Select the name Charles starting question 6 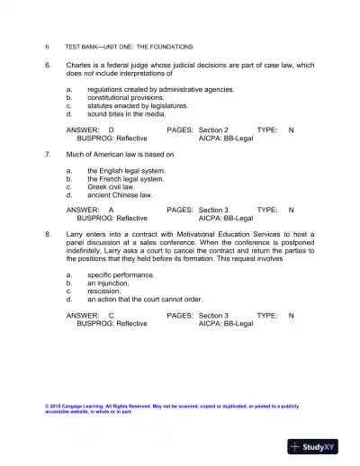pos(80,65)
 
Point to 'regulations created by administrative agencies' pos(160,89)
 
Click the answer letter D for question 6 pos(111,130)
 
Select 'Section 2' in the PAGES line pos(213,130)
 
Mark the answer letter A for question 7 pos(111,211)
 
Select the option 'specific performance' pos(121,274)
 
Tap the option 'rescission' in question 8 pos(107,291)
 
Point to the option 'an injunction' pos(111,283)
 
